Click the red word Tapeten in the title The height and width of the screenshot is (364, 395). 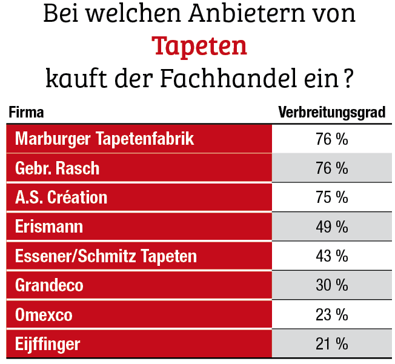pos(199,46)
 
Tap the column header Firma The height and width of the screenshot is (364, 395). pos(26,113)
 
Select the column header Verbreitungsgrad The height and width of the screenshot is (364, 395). pos(331,113)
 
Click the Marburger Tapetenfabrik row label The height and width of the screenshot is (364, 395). pos(104,139)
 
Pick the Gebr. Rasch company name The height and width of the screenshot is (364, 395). pos(57,168)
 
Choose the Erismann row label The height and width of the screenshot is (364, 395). pos(49,227)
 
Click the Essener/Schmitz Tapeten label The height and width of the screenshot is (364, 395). pos(106,256)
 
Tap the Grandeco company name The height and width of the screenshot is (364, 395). pos(49,285)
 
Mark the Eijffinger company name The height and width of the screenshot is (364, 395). pos(47,344)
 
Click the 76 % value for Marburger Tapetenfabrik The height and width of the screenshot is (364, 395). pos(331,139)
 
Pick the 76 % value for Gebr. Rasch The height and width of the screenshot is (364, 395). pos(331,168)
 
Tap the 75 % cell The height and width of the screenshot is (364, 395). pos(331,197)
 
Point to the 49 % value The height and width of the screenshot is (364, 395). pos(331,227)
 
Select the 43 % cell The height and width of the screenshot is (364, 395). pos(331,256)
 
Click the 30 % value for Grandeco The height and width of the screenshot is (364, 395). pos(331,285)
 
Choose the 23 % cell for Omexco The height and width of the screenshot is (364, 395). pos(331,315)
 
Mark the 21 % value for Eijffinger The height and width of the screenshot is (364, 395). pos(331,344)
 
